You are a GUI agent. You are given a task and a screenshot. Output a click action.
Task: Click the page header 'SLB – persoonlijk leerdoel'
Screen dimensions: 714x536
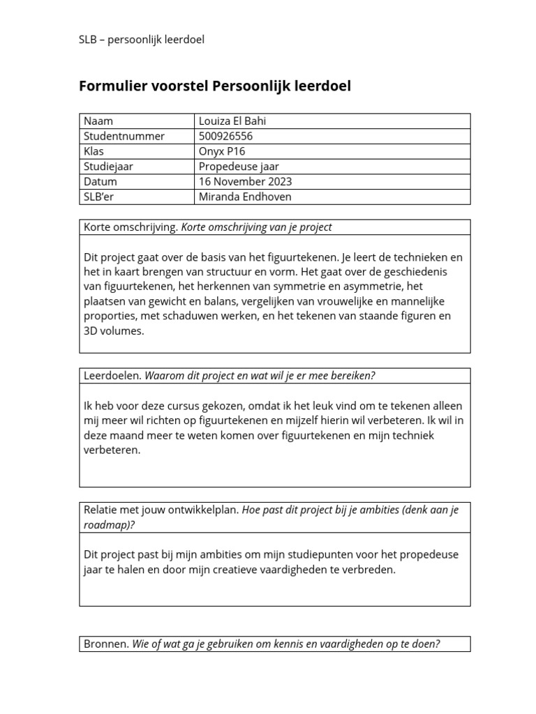click(x=141, y=39)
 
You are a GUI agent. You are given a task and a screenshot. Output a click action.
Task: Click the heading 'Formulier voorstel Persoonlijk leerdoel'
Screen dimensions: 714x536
click(x=215, y=86)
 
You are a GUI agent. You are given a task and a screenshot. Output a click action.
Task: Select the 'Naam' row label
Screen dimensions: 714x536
click(x=98, y=121)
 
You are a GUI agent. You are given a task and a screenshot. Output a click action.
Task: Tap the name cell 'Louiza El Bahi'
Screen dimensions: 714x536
click(x=232, y=121)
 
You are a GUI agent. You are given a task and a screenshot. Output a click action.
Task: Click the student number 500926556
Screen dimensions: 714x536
click(x=225, y=136)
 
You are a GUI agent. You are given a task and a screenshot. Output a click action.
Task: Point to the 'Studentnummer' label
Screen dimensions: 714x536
click(x=124, y=136)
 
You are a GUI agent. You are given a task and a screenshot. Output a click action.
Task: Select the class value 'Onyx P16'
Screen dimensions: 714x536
click(x=222, y=151)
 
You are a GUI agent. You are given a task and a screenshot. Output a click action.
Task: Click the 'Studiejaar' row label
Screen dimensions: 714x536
click(x=108, y=167)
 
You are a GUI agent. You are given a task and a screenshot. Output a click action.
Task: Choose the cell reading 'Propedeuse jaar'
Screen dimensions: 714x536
click(x=239, y=167)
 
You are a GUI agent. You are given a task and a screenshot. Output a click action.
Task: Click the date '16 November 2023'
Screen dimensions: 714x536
click(x=245, y=181)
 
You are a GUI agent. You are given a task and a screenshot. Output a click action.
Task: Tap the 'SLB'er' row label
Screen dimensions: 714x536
click(x=99, y=197)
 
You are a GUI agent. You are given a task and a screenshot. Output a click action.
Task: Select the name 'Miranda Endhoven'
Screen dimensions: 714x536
click(x=245, y=197)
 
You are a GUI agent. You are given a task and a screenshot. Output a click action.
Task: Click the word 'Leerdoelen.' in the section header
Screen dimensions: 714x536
click(x=112, y=376)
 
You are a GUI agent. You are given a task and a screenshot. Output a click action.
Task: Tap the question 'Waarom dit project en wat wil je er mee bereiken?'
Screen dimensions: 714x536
click(x=260, y=376)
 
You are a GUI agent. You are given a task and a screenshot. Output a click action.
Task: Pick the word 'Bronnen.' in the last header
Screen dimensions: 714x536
click(x=106, y=644)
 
